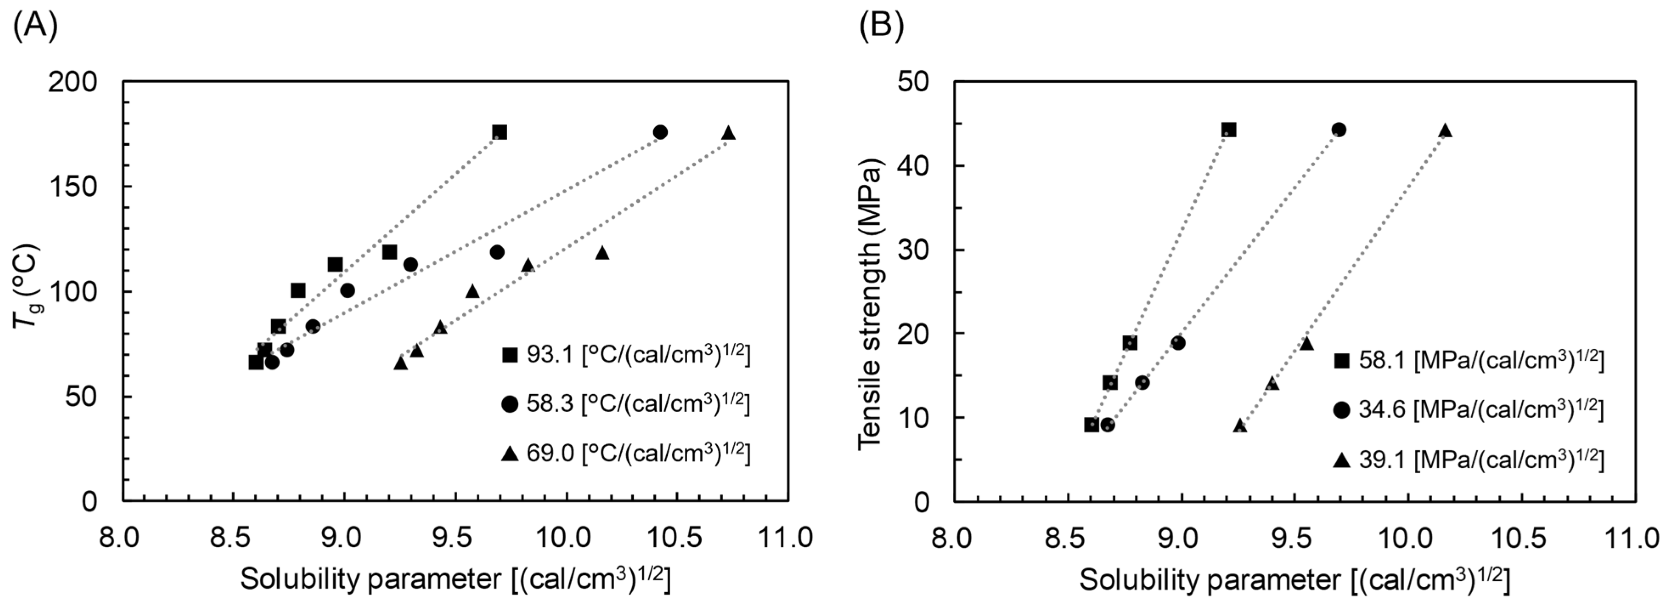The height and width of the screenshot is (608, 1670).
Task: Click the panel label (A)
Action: coord(36,27)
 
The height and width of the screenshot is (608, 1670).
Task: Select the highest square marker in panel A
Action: coord(499,133)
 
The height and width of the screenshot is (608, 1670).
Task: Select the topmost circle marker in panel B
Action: coord(1339,130)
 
